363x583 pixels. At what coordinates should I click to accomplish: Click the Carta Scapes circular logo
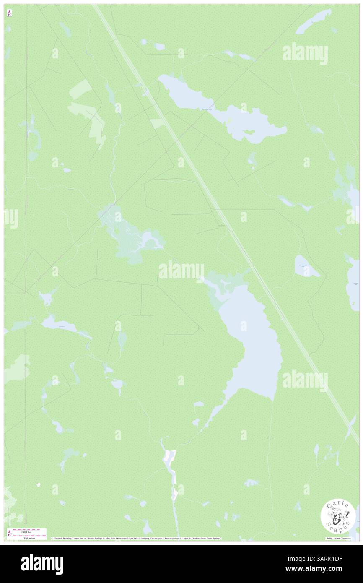tap(338, 517)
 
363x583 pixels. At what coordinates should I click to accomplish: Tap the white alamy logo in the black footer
tap(42, 564)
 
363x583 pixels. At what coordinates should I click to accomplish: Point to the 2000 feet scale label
tap(27, 531)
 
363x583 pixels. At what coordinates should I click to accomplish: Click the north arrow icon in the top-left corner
tap(9, 13)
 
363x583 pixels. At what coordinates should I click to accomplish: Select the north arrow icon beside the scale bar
tap(9, 534)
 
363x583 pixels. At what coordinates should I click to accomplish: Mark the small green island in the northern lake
tap(249, 132)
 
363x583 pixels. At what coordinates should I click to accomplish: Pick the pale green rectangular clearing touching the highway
tap(158, 123)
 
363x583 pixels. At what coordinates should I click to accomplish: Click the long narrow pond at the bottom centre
tap(172, 470)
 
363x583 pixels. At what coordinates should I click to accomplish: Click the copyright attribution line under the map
tap(136, 538)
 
